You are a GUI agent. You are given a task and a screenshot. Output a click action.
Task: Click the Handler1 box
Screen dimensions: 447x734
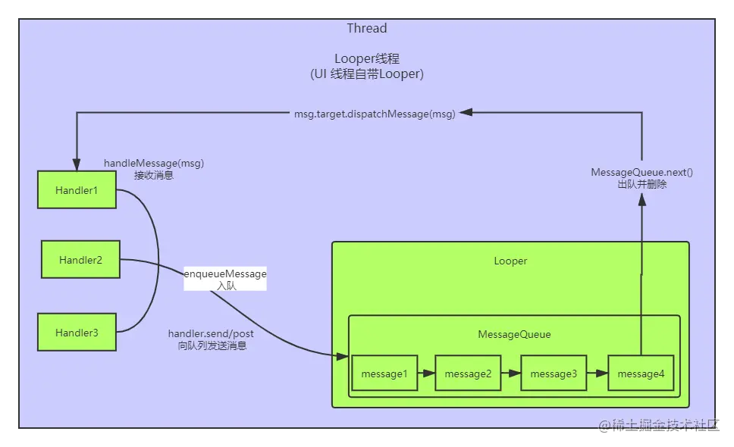pyautogui.click(x=77, y=190)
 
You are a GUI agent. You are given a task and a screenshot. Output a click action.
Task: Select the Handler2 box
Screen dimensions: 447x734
pyautogui.click(x=80, y=260)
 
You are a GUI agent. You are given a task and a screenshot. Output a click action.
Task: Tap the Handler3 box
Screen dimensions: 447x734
pyautogui.click(x=77, y=333)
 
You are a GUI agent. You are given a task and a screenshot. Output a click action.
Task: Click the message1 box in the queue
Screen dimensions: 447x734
pyautogui.click(x=384, y=374)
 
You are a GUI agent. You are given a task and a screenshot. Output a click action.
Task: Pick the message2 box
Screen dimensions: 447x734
pyautogui.click(x=468, y=374)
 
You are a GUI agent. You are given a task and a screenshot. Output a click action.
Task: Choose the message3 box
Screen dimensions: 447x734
pyautogui.click(x=554, y=374)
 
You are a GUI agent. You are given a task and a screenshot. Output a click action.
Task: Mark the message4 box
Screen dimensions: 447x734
pyautogui.click(x=641, y=374)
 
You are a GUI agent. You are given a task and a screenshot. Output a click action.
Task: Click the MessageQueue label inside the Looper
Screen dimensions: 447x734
pyautogui.click(x=514, y=334)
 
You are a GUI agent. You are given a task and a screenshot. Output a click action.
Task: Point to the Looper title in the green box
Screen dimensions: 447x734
pyautogui.click(x=510, y=261)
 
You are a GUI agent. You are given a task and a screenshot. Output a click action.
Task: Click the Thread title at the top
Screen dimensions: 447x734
pyautogui.click(x=367, y=29)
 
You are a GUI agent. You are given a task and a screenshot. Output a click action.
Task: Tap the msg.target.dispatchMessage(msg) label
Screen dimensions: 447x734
pyautogui.click(x=375, y=114)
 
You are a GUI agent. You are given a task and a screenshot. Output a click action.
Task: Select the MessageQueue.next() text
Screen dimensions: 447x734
pyautogui.click(x=641, y=173)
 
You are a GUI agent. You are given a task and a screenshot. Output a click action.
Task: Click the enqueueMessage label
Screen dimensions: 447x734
pyautogui.click(x=225, y=274)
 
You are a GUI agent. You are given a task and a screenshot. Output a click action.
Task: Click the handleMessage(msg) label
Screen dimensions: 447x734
pyautogui.click(x=154, y=163)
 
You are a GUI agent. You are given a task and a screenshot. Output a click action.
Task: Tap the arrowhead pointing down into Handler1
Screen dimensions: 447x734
pyautogui.click(x=77, y=164)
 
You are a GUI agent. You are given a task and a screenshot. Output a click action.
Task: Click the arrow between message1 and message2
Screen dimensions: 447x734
pyautogui.click(x=427, y=374)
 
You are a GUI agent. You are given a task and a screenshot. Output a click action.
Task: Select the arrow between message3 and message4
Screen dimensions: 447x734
pyautogui.click(x=598, y=374)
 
